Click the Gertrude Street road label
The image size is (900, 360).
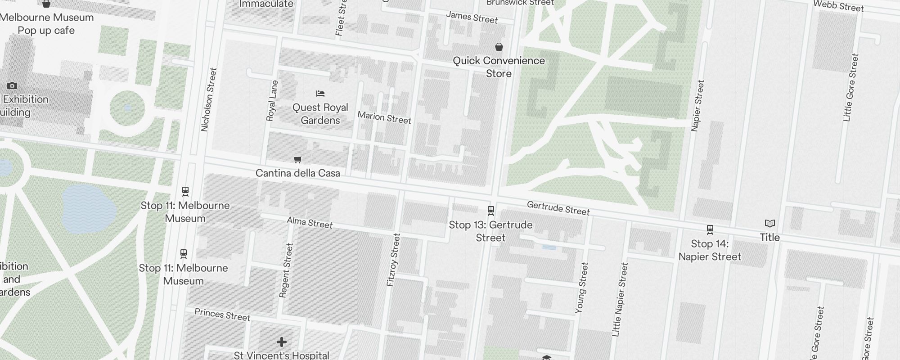coord(558,208)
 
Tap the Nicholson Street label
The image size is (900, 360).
coord(209,99)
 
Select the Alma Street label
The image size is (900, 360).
coord(310,223)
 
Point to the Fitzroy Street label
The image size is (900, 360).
coord(393,260)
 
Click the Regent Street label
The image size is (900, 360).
coord(286,270)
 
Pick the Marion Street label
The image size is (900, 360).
coord(384,117)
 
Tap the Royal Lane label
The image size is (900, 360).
coord(272,101)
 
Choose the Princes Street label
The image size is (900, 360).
coord(222,315)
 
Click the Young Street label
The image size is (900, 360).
coord(581,288)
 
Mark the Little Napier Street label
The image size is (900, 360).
coord(620,300)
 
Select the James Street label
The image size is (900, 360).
coord(472,17)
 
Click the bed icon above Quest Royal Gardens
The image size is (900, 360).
coord(320,94)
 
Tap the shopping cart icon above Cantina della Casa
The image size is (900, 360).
coord(297,159)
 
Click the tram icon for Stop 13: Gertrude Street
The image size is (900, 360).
coord(491,211)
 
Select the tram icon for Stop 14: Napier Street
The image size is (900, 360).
coord(710,229)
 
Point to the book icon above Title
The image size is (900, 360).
coord(770,223)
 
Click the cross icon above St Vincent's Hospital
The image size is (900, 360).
coord(282,342)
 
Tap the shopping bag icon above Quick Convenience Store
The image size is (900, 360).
coord(499,47)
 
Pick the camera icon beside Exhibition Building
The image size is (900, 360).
coord(12,85)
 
